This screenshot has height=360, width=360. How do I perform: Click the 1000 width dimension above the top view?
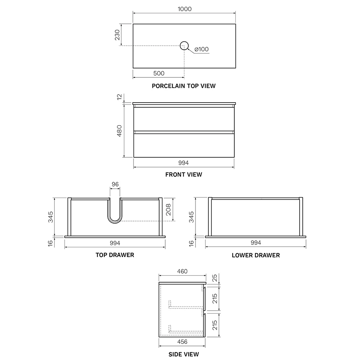click(185, 9)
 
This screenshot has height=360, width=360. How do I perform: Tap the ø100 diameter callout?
click(201, 49)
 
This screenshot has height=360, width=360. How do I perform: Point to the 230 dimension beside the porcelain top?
click(117, 35)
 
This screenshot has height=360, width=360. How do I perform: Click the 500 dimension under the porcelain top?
click(159, 73)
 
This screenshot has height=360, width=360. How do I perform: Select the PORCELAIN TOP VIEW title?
click(184, 86)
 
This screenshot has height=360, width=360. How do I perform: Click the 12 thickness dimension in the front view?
click(120, 97)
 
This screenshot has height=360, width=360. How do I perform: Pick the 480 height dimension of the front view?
click(120, 131)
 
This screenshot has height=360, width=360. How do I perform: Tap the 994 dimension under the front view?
click(184, 163)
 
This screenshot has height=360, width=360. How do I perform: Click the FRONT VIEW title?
click(184, 175)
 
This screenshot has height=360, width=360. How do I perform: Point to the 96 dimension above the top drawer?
click(115, 184)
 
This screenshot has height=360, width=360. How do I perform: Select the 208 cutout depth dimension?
click(168, 210)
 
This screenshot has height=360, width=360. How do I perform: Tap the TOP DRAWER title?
click(115, 255)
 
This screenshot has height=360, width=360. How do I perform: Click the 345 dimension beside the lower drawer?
click(191, 217)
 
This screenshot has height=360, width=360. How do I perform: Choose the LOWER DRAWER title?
click(256, 255)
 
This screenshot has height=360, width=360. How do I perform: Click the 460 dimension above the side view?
click(182, 271)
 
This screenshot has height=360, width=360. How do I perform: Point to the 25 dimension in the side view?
click(215, 278)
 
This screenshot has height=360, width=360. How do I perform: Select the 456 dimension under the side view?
click(182, 342)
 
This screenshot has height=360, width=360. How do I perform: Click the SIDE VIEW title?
click(184, 354)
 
